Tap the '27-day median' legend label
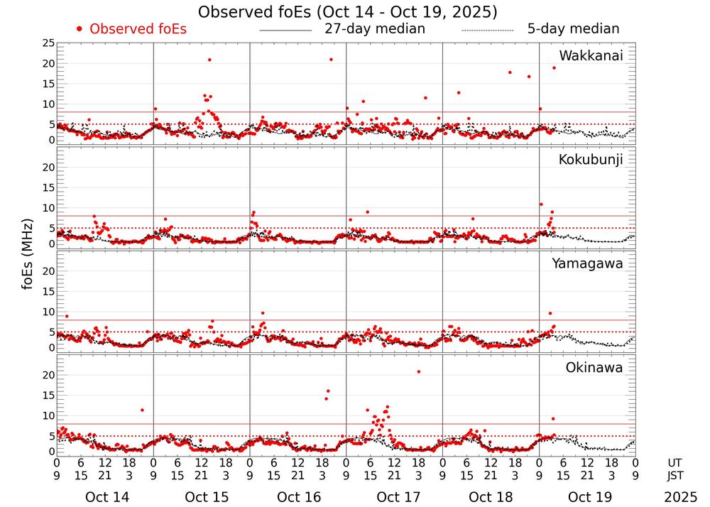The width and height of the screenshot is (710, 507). pos(374,29)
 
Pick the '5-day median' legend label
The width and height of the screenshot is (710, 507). pos(573,29)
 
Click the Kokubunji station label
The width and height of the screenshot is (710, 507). pos(589,160)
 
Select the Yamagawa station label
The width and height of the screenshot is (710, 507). pos(587,263)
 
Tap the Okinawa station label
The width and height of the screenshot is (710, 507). pos(594,368)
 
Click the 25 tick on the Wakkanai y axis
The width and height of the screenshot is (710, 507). pos(48,43)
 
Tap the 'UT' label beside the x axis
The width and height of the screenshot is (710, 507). pos(675,462)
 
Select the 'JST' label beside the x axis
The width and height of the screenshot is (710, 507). pos(675,474)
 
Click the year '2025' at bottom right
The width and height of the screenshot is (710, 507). pos(681,497)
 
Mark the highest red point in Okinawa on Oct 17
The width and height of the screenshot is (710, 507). pos(419,371)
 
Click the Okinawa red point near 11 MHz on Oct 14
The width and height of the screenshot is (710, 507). pos(142,410)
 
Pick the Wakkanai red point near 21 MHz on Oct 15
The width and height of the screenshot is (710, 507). pos(209,60)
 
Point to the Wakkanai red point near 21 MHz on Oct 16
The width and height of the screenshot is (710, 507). pos(331,60)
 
